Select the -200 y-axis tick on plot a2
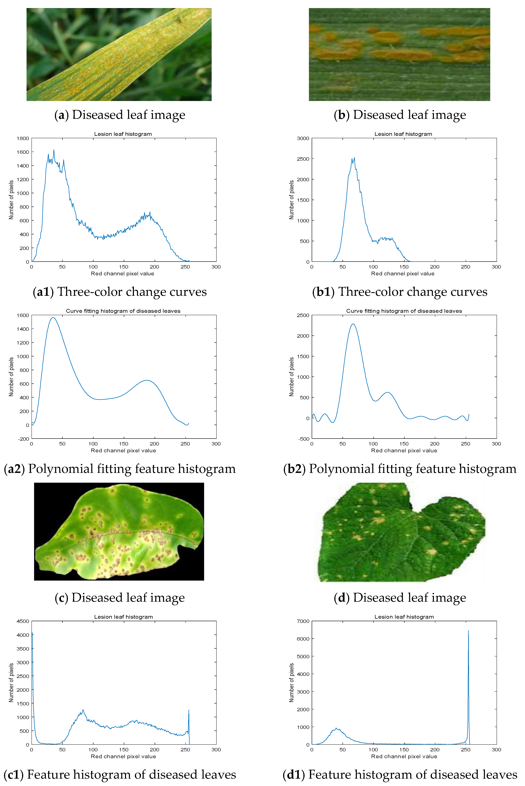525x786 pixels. pyautogui.click(x=23, y=439)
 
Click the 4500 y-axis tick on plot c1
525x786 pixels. pyautogui.click(x=23, y=621)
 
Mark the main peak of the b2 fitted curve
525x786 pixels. pyautogui.click(x=353, y=324)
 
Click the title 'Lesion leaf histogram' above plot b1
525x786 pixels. pyautogui.click(x=403, y=134)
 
